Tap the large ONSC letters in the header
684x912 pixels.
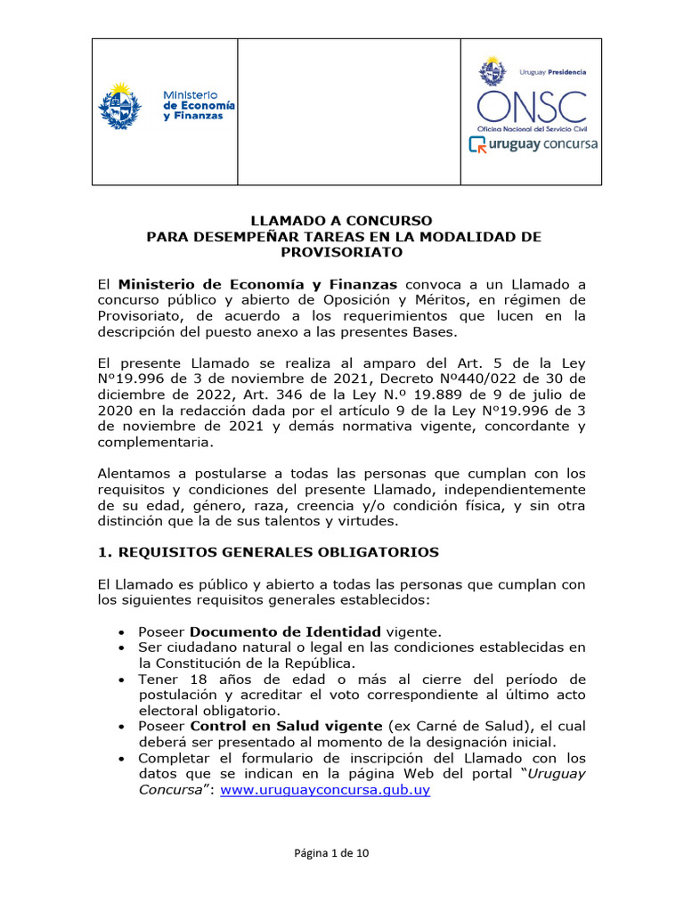[x=531, y=107]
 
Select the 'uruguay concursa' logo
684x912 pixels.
[x=533, y=144]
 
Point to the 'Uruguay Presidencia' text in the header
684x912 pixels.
[x=552, y=70]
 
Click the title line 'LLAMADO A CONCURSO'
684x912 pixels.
[x=342, y=220]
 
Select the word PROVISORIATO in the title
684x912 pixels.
[x=342, y=252]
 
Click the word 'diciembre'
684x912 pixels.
[x=131, y=394]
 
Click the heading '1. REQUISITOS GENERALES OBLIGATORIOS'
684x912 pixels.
[x=268, y=552]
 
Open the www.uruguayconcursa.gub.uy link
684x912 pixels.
[x=325, y=790]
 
